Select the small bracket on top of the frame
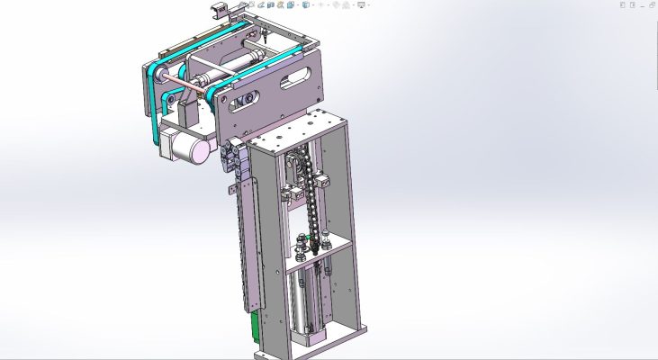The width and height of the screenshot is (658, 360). click(x=217, y=10)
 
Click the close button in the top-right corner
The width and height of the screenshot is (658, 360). click(x=650, y=4)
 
